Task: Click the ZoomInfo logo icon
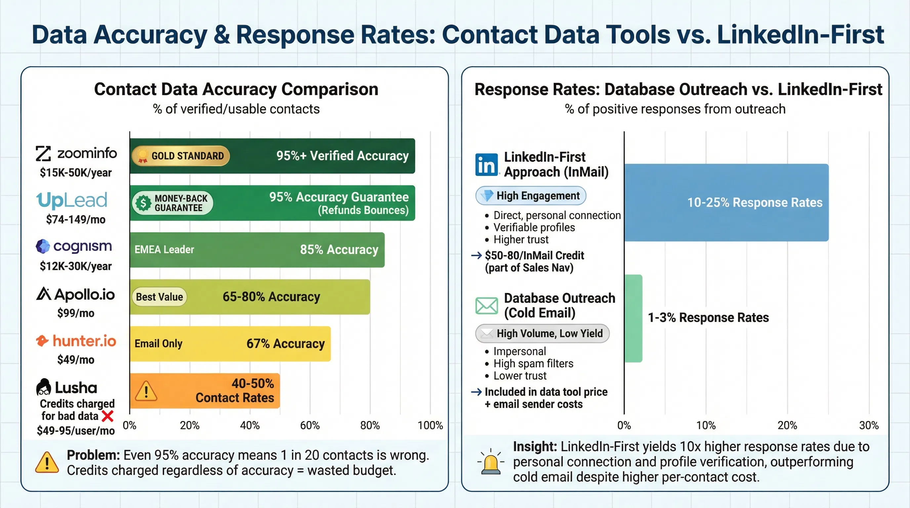coord(43,154)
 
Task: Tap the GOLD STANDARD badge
coord(181,156)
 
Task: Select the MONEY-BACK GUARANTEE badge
coord(173,203)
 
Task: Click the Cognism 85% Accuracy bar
coord(257,250)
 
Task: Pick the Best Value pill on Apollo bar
coord(159,297)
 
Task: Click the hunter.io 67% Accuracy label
coord(285,344)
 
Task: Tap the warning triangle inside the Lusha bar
coord(146,391)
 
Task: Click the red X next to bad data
coord(107,416)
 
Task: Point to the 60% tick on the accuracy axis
coord(310,425)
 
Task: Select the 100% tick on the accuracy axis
coord(430,425)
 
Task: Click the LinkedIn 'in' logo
coord(486,165)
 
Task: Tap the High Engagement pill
coord(531,196)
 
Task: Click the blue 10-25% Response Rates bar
coord(726,202)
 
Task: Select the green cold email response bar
coord(633,318)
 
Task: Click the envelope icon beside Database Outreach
coord(486,306)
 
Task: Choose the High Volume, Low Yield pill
coord(542,333)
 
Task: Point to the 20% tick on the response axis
coord(787,425)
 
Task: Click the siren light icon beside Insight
coord(491,462)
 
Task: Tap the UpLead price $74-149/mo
coord(76,220)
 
